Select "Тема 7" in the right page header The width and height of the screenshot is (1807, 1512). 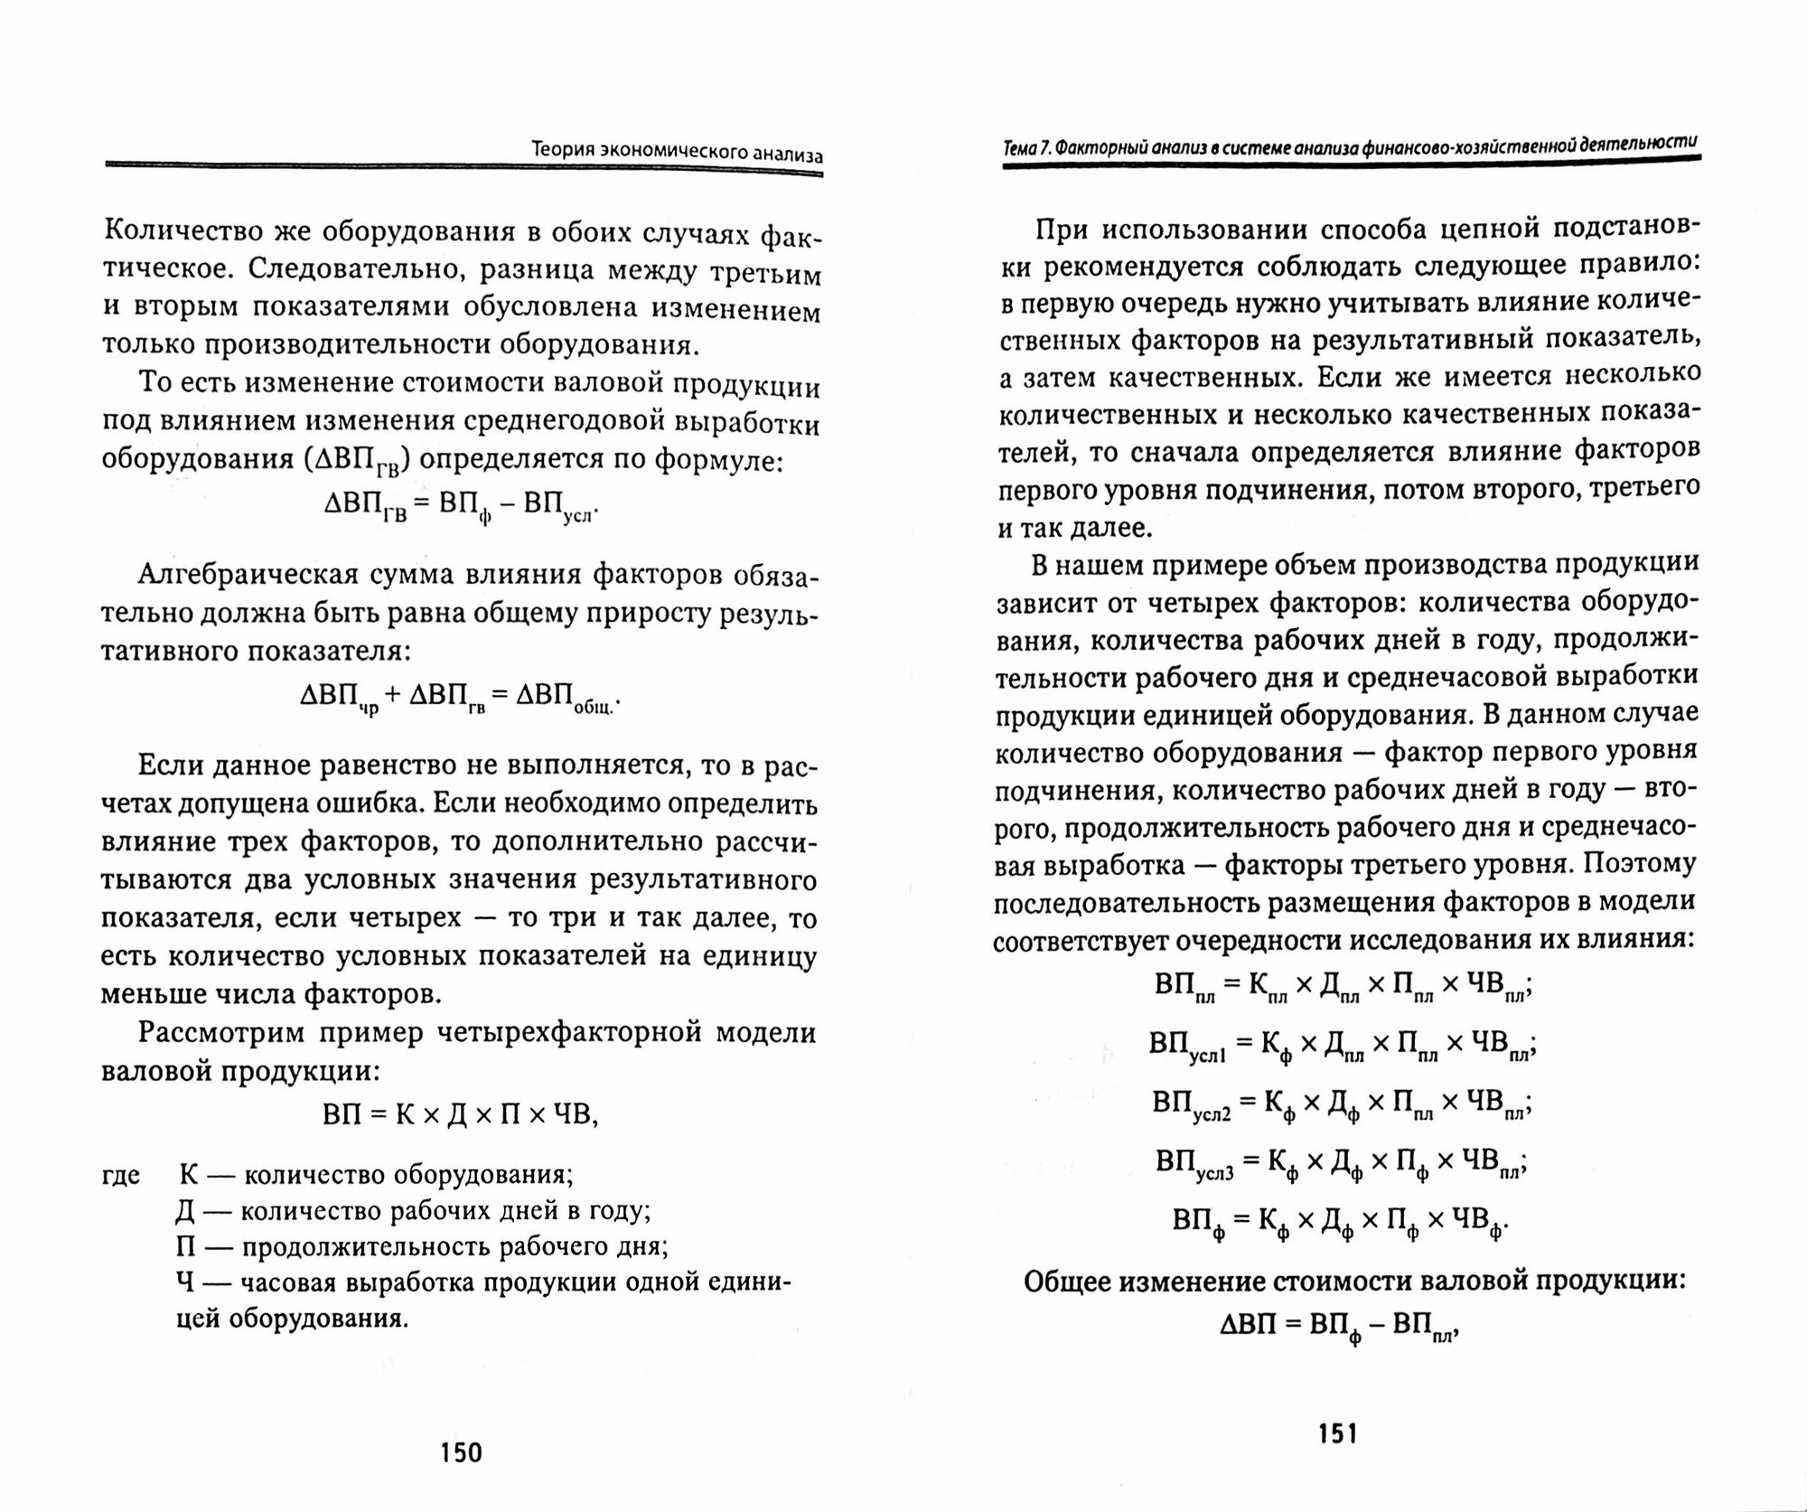tap(1026, 146)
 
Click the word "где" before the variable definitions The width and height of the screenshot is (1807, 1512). tap(121, 1175)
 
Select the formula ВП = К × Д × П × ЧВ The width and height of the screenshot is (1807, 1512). tap(461, 1114)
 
